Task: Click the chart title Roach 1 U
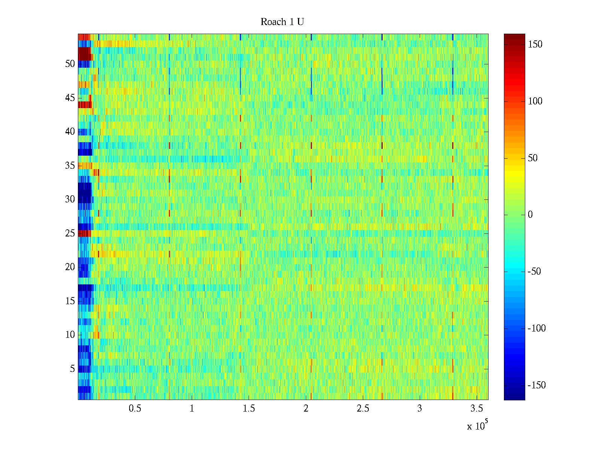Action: click(x=282, y=22)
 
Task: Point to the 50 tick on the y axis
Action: click(x=70, y=64)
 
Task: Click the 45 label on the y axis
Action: click(x=70, y=98)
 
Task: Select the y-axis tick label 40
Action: click(x=70, y=132)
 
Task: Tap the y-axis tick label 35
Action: click(x=70, y=166)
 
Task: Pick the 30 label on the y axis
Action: click(x=70, y=199)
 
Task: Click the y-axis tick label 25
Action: click(x=70, y=233)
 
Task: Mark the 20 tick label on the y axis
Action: click(x=70, y=267)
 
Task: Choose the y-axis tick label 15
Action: click(x=70, y=301)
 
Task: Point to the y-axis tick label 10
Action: click(x=70, y=335)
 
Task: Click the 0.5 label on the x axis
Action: click(x=135, y=409)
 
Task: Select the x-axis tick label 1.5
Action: click(x=249, y=409)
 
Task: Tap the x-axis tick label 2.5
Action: click(x=363, y=409)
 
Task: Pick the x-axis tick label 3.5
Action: click(x=477, y=409)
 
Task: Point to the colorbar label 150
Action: click(x=535, y=45)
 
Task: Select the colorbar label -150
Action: click(x=536, y=385)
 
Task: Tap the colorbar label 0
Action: click(x=530, y=215)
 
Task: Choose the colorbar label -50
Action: click(x=534, y=272)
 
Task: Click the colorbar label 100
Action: click(x=535, y=101)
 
